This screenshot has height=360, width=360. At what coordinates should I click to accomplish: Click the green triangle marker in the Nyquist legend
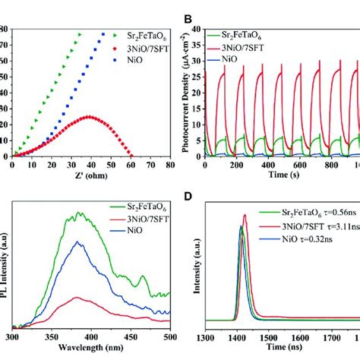tap(115, 35)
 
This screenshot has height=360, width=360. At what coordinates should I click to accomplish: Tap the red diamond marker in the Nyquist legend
tap(115, 46)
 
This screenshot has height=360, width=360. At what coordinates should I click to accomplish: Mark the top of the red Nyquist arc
tap(89, 116)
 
